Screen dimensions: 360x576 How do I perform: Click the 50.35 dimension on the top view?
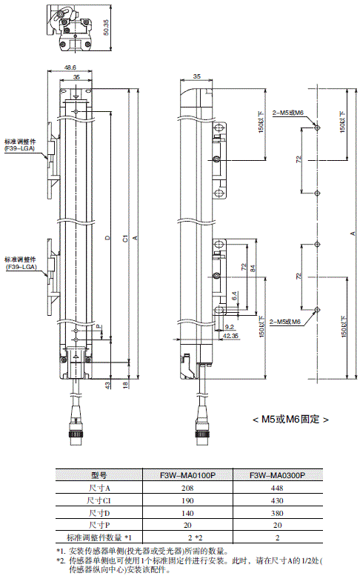pos(106,27)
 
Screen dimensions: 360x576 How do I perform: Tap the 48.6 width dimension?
pos(70,67)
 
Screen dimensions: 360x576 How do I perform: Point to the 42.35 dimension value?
pos(230,335)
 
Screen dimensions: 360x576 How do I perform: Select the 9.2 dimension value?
pos(230,326)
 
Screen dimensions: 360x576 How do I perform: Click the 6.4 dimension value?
pos(234,296)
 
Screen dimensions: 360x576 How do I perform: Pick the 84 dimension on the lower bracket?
pos(253,268)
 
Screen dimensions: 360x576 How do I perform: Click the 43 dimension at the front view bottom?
pos(107,385)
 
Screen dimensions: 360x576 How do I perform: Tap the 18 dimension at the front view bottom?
pos(125,385)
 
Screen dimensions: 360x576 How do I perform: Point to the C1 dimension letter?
pos(125,238)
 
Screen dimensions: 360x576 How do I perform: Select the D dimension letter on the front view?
pos(107,238)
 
